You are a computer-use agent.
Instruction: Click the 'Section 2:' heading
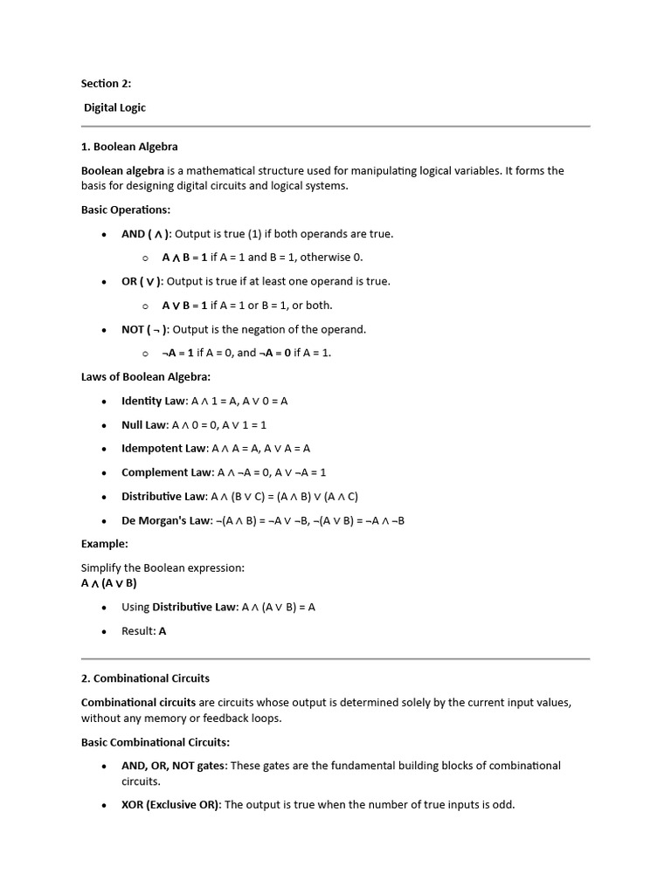[106, 84]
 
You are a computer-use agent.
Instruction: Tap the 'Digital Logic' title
[114, 108]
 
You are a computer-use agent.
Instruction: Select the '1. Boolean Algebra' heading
[129, 147]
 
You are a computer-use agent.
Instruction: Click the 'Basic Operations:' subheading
[126, 210]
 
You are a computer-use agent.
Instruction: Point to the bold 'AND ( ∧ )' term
[146, 234]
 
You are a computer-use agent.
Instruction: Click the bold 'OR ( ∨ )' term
[142, 281]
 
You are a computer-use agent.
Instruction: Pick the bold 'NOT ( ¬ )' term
[145, 329]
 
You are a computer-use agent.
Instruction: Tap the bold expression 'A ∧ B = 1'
[184, 258]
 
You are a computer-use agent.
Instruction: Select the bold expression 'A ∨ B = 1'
[184, 306]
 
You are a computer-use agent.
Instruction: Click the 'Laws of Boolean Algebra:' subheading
[146, 377]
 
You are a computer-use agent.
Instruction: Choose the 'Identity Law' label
[154, 401]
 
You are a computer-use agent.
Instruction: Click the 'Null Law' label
[144, 425]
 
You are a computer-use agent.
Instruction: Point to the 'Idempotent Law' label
[163, 449]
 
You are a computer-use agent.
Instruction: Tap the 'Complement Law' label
[166, 472]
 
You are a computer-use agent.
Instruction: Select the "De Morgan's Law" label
[166, 520]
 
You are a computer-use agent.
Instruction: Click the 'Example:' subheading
[104, 544]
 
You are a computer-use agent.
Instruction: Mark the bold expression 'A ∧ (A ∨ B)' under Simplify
[109, 583]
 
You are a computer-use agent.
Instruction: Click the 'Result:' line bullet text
[143, 631]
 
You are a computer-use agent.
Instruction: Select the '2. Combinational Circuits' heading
[145, 678]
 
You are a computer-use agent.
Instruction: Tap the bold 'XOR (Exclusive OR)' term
[171, 805]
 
